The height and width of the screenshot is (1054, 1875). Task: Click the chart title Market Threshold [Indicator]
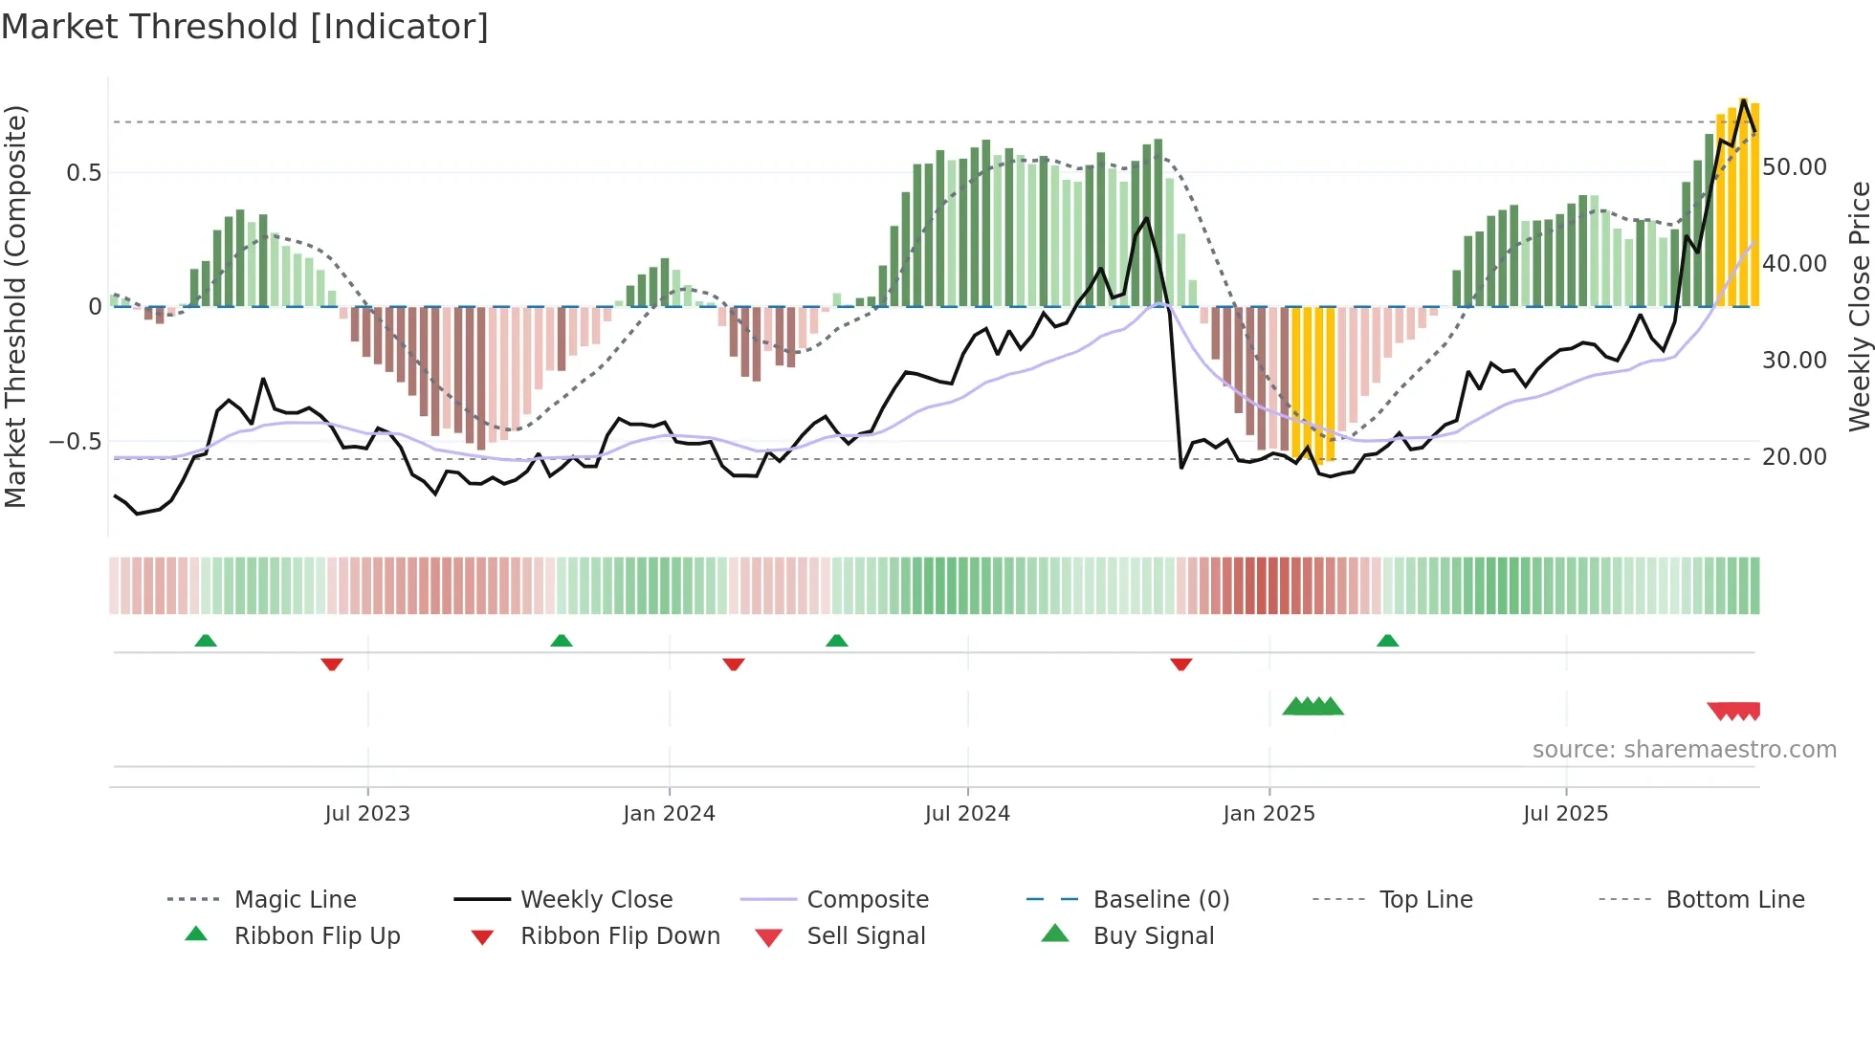[245, 27]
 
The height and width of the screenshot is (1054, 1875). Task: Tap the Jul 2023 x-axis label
[367, 814]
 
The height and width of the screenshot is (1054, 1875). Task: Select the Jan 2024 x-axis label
[669, 814]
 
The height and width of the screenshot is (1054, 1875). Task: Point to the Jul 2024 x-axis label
[967, 814]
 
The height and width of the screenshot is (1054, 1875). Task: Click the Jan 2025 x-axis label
[1268, 814]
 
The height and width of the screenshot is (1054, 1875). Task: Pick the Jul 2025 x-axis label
[1566, 814]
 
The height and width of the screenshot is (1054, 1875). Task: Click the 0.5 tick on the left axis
[83, 173]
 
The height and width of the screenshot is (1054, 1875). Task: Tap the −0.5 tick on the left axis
[76, 442]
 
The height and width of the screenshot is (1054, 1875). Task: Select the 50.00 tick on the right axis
[1795, 167]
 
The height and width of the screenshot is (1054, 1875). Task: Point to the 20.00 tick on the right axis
[1795, 457]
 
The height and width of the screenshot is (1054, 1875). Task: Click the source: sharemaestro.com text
[1684, 750]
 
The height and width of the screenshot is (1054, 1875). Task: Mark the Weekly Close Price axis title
[1859, 306]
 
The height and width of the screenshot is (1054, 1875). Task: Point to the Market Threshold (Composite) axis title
[15, 306]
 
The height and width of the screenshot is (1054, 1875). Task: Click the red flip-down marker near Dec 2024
[1181, 664]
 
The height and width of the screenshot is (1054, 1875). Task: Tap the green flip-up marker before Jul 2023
[206, 641]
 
